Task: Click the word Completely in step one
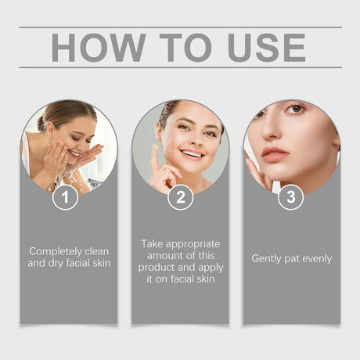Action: pyautogui.click(x=56, y=251)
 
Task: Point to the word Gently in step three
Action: pyautogui.click(x=266, y=258)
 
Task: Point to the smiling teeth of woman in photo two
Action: pyautogui.click(x=192, y=153)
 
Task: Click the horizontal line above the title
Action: pyautogui.click(x=180, y=27)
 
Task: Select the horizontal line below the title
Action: pyautogui.click(x=180, y=68)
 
